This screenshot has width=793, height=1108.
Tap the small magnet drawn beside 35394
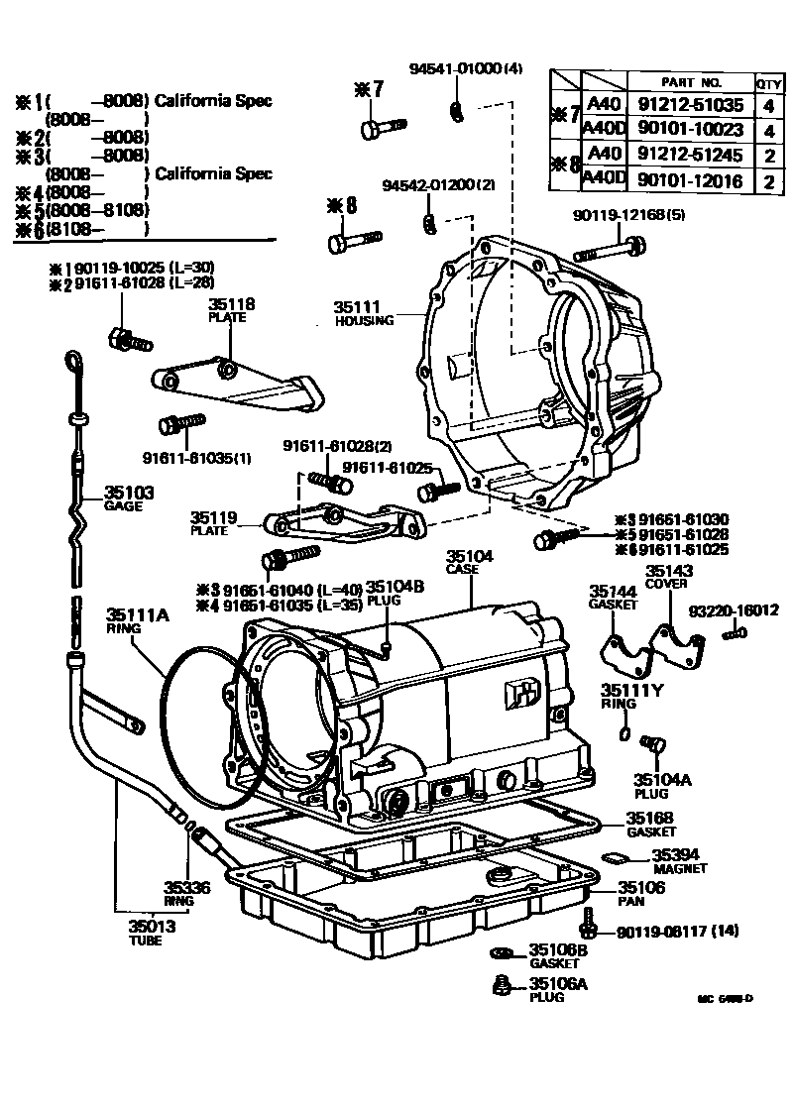click(615, 858)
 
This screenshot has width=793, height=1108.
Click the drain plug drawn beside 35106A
click(504, 986)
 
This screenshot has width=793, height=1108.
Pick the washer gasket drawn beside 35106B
click(503, 953)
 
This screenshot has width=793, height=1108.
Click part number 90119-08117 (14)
click(677, 932)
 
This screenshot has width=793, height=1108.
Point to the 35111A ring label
click(138, 620)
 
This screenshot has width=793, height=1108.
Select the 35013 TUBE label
click(152, 932)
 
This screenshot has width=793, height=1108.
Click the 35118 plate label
click(231, 309)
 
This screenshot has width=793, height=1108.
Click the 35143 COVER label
click(670, 577)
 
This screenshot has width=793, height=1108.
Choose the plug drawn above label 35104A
click(651, 743)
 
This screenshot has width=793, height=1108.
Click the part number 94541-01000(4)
click(466, 68)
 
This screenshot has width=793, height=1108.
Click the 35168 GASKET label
click(650, 824)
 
